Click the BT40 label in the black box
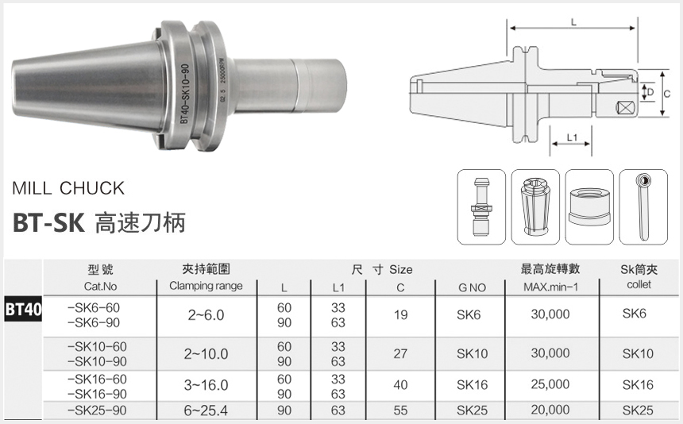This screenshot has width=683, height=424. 23,309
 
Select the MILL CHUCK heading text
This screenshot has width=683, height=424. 68,188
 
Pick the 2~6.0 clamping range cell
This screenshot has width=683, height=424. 206,314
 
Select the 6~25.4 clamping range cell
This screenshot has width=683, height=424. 206,410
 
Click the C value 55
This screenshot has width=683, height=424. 400,410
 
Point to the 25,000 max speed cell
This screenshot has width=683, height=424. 550,384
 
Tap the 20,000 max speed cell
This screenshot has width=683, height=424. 550,410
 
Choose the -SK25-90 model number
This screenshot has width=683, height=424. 98,410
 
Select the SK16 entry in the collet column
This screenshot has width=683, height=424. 638,384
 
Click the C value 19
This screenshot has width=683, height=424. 400,314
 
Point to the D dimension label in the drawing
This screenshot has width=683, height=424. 650,93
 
